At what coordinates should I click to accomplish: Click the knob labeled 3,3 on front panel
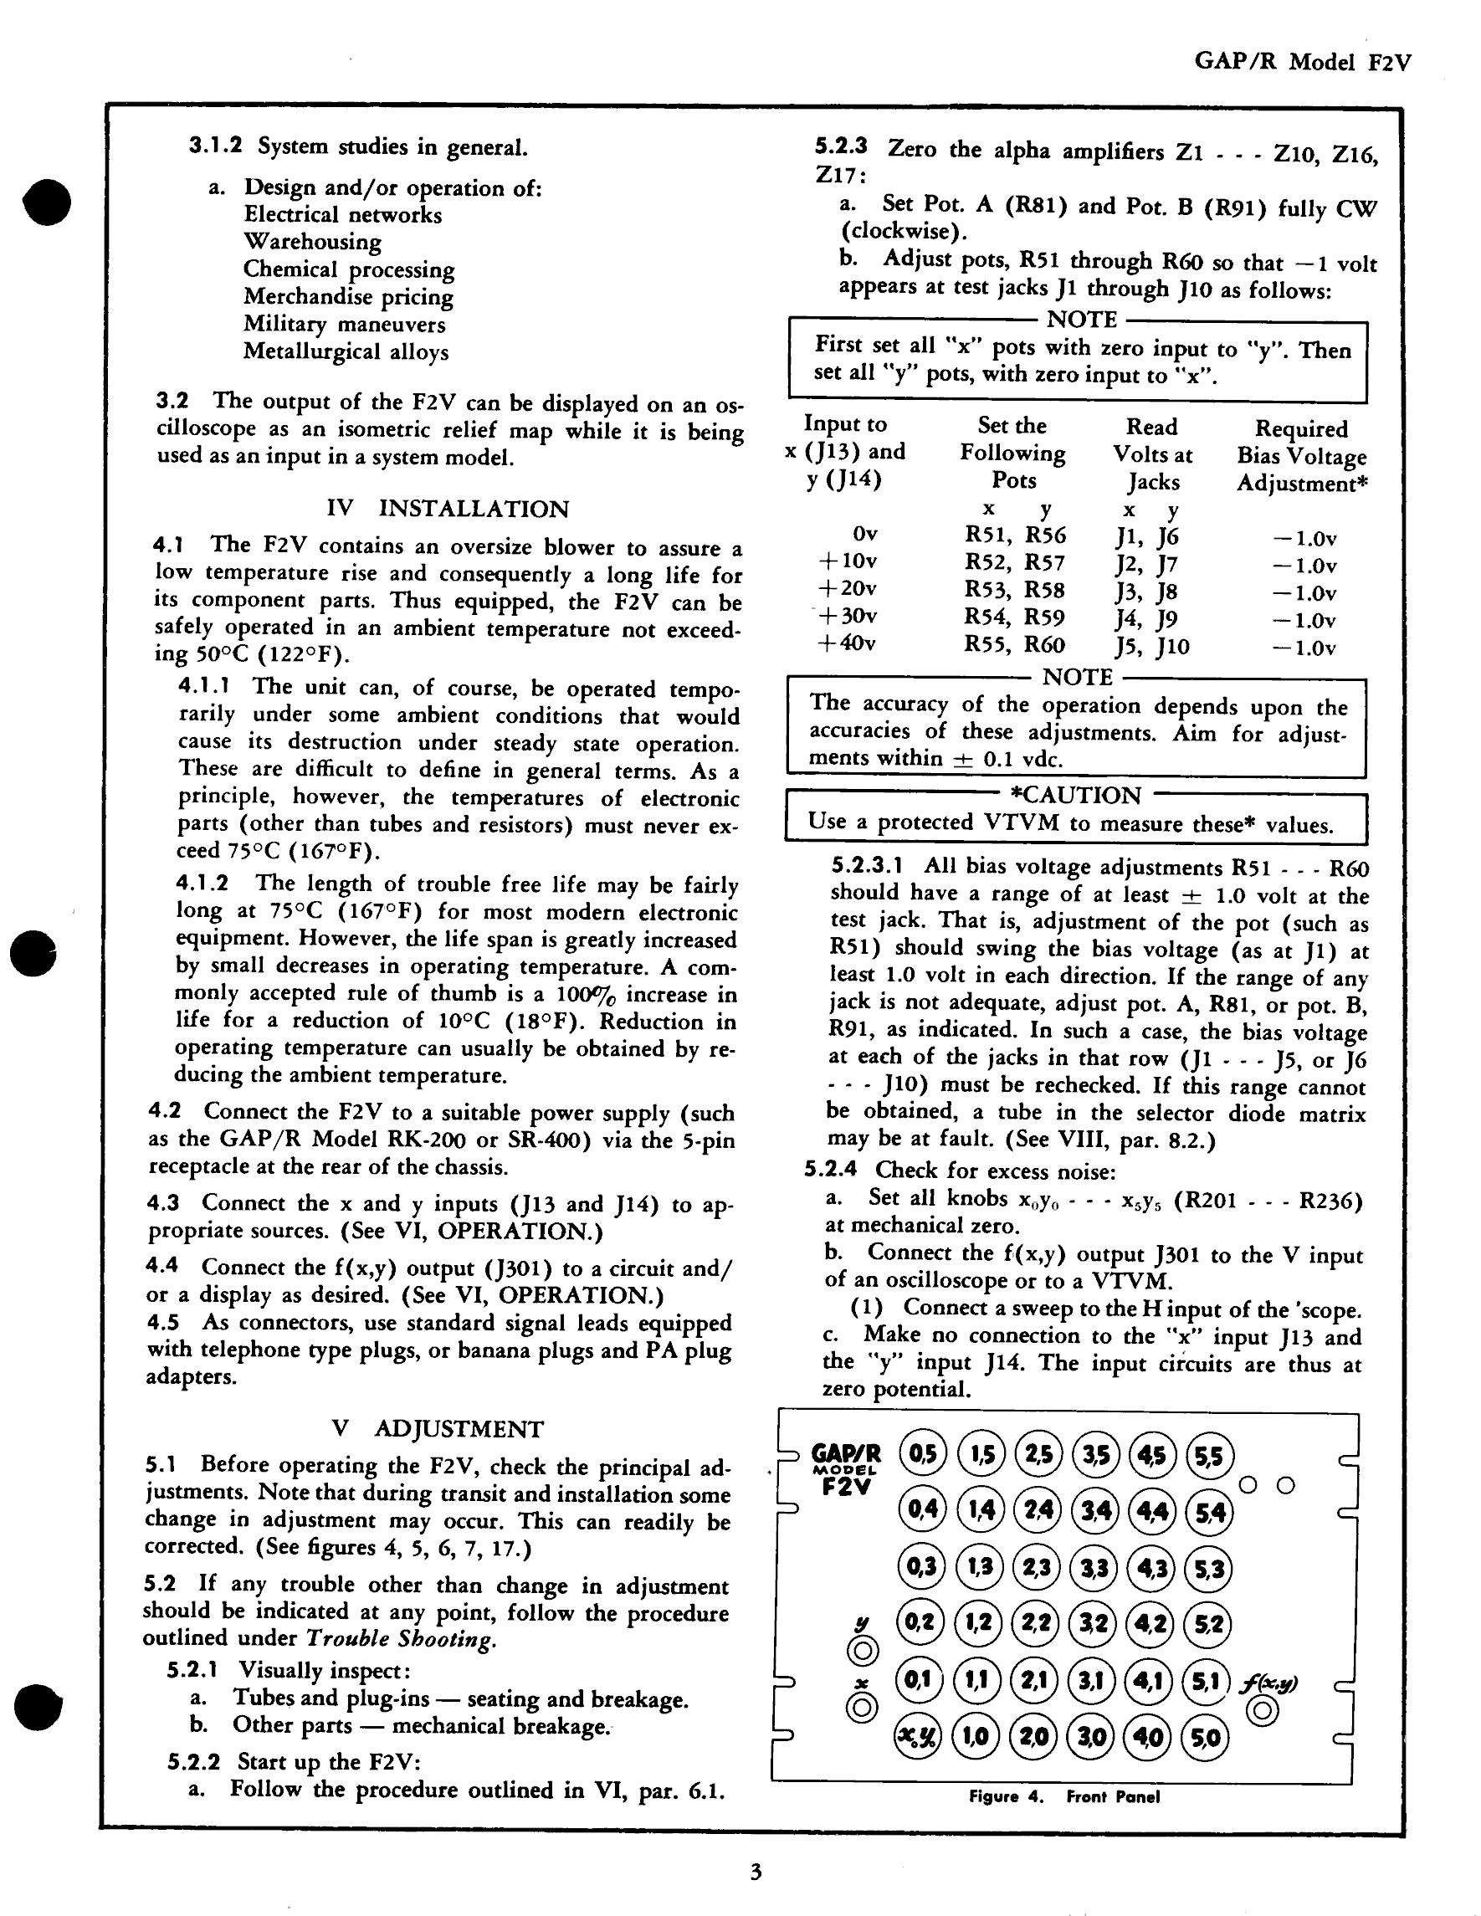click(x=1094, y=1568)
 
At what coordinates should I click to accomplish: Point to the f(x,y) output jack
click(x=1262, y=1712)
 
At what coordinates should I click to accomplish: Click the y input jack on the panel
click(x=863, y=1651)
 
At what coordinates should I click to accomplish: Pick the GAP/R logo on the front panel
click(x=846, y=1454)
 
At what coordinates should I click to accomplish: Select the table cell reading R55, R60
click(x=1014, y=645)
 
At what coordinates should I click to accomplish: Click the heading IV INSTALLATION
click(x=448, y=509)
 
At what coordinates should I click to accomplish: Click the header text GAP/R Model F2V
click(x=1302, y=61)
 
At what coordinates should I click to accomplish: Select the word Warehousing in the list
click(x=312, y=241)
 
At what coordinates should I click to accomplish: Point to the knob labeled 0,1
click(x=918, y=1681)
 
